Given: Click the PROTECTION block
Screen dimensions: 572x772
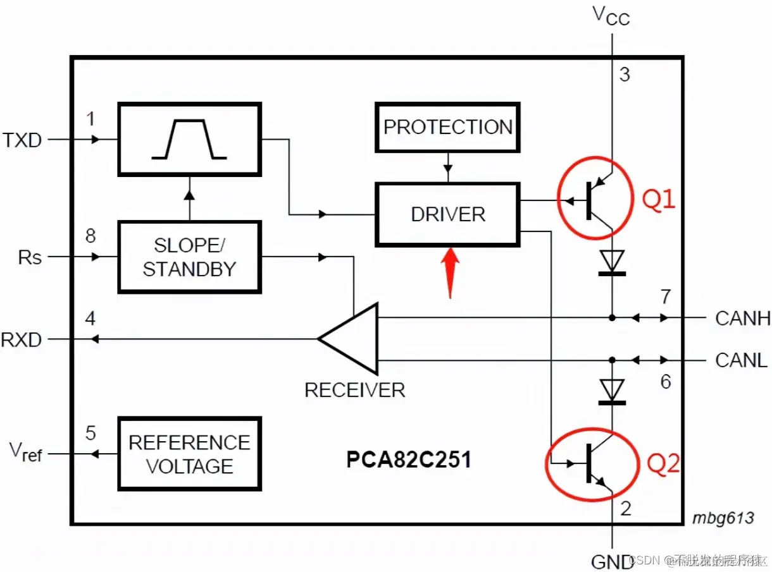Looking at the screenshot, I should pyautogui.click(x=447, y=127).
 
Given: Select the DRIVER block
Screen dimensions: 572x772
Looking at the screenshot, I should pyautogui.click(x=447, y=214).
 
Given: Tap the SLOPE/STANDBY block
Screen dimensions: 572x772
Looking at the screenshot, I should pyautogui.click(x=189, y=257).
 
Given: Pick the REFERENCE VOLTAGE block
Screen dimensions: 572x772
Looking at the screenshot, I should pyautogui.click(x=189, y=454).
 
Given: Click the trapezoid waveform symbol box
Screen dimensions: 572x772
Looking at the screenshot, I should pyautogui.click(x=189, y=140).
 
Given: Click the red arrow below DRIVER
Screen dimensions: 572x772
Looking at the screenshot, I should pyautogui.click(x=449, y=272).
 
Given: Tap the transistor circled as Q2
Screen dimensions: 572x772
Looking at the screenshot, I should pyautogui.click(x=591, y=463).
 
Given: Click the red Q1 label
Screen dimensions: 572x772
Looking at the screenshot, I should pyautogui.click(x=659, y=201).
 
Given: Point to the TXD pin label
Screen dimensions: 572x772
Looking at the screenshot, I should pyautogui.click(x=22, y=140).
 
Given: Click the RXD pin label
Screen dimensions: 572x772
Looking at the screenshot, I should pyautogui.click(x=21, y=340).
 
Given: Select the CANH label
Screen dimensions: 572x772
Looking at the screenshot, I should pyautogui.click(x=742, y=318).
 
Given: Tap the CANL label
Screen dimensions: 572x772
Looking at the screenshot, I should pyautogui.click(x=741, y=360).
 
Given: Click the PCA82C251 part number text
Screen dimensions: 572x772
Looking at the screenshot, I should pyautogui.click(x=408, y=459).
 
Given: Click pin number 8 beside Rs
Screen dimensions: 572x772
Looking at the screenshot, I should pyautogui.click(x=90, y=236).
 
